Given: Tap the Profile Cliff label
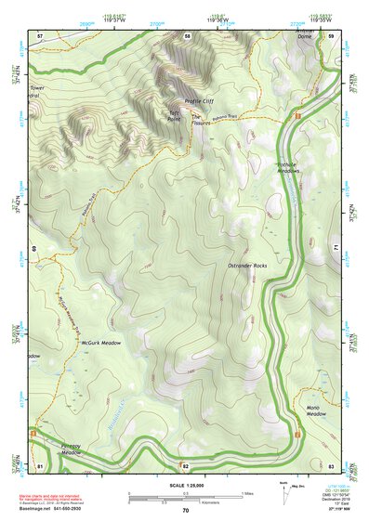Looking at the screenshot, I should pos(199,100).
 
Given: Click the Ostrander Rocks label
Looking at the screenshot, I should pos(247,266).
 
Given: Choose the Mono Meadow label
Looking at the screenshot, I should pos(319,411).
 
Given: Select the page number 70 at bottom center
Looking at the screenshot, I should pos(186,511).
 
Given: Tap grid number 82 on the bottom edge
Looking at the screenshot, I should pos(186,464).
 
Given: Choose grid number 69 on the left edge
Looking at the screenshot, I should pos(35,249).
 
